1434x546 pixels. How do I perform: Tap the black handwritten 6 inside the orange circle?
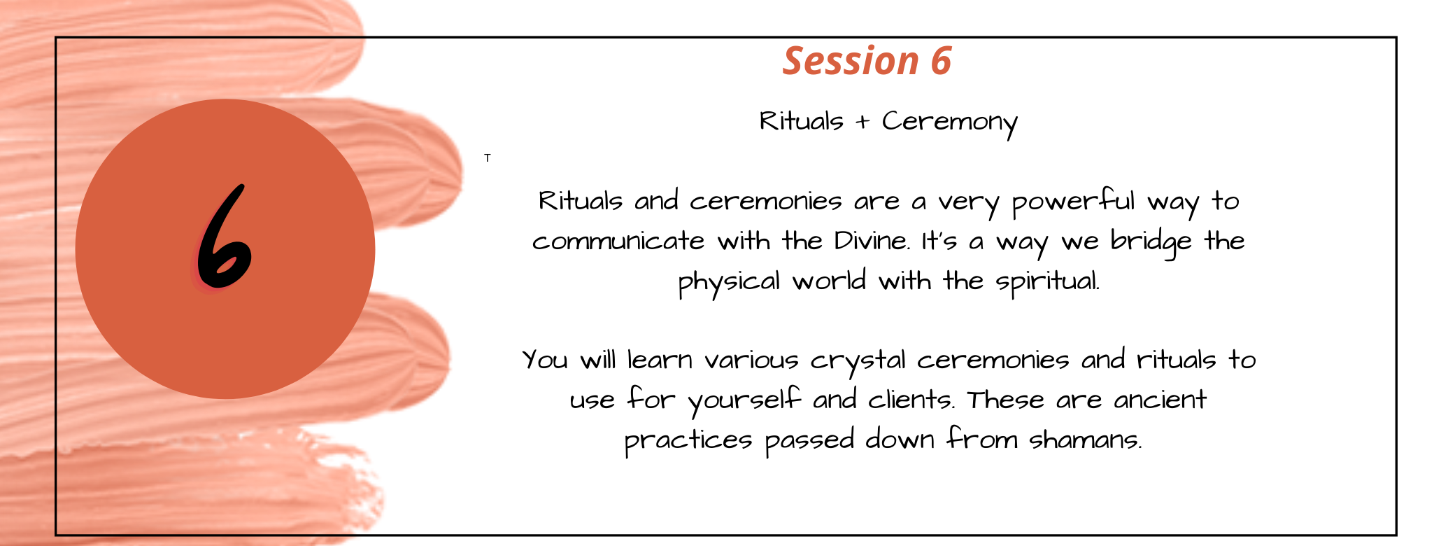222,238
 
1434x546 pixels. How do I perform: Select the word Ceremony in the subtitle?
949,122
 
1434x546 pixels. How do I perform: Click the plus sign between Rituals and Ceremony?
862,122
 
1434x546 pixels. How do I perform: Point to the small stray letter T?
488,158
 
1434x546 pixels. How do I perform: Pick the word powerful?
1073,202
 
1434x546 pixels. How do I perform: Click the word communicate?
618,241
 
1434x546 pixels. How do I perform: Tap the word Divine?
872,241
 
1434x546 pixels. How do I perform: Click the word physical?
729,282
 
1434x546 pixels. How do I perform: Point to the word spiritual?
1047,282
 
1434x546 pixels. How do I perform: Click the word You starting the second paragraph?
545,360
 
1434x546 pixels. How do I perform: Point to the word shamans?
1085,440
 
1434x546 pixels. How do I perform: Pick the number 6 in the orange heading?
941,61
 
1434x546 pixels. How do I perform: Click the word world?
829,281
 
